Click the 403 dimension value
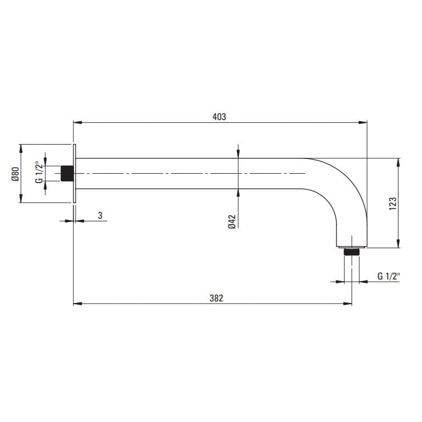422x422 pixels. [219, 117]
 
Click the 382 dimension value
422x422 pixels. [216, 298]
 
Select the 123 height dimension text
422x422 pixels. [392, 203]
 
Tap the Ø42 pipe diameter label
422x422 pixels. [232, 221]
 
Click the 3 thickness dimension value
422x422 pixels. [100, 215]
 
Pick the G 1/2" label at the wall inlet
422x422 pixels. [39, 173]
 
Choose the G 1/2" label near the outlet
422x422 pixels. [389, 276]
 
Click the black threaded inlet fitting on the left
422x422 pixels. [67, 173]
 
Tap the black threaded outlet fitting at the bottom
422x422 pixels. [351, 252]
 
